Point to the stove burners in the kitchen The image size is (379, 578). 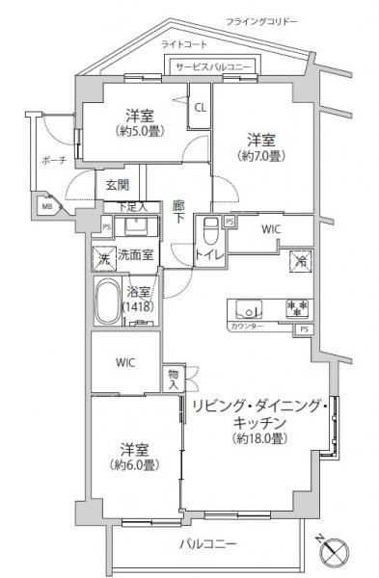pyautogui.click(x=297, y=308)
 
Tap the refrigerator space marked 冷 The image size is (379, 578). pyautogui.click(x=301, y=260)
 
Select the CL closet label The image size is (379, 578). pyautogui.click(x=200, y=108)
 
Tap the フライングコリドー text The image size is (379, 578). pyautogui.click(x=261, y=20)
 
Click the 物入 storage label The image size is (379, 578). pyautogui.click(x=173, y=378)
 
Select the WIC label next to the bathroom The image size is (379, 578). pyautogui.click(x=125, y=362)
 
